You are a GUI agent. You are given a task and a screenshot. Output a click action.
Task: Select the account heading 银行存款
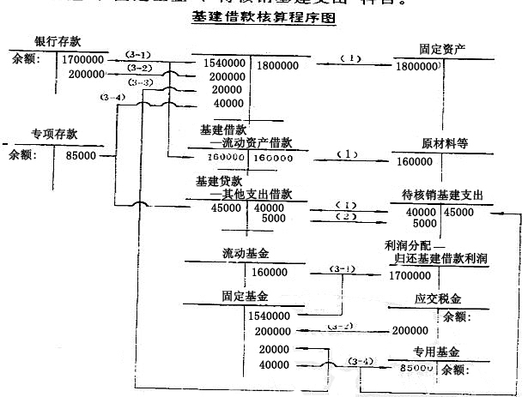pos(58,42)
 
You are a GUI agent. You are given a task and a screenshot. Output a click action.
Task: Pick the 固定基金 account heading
pos(245,296)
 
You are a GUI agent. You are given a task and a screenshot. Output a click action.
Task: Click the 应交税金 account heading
pos(438,301)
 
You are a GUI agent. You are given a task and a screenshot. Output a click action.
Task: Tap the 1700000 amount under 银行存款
pos(86,60)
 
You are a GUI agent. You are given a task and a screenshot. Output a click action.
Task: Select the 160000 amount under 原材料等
pos(416,160)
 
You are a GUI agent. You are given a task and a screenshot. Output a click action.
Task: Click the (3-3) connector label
pos(143,82)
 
